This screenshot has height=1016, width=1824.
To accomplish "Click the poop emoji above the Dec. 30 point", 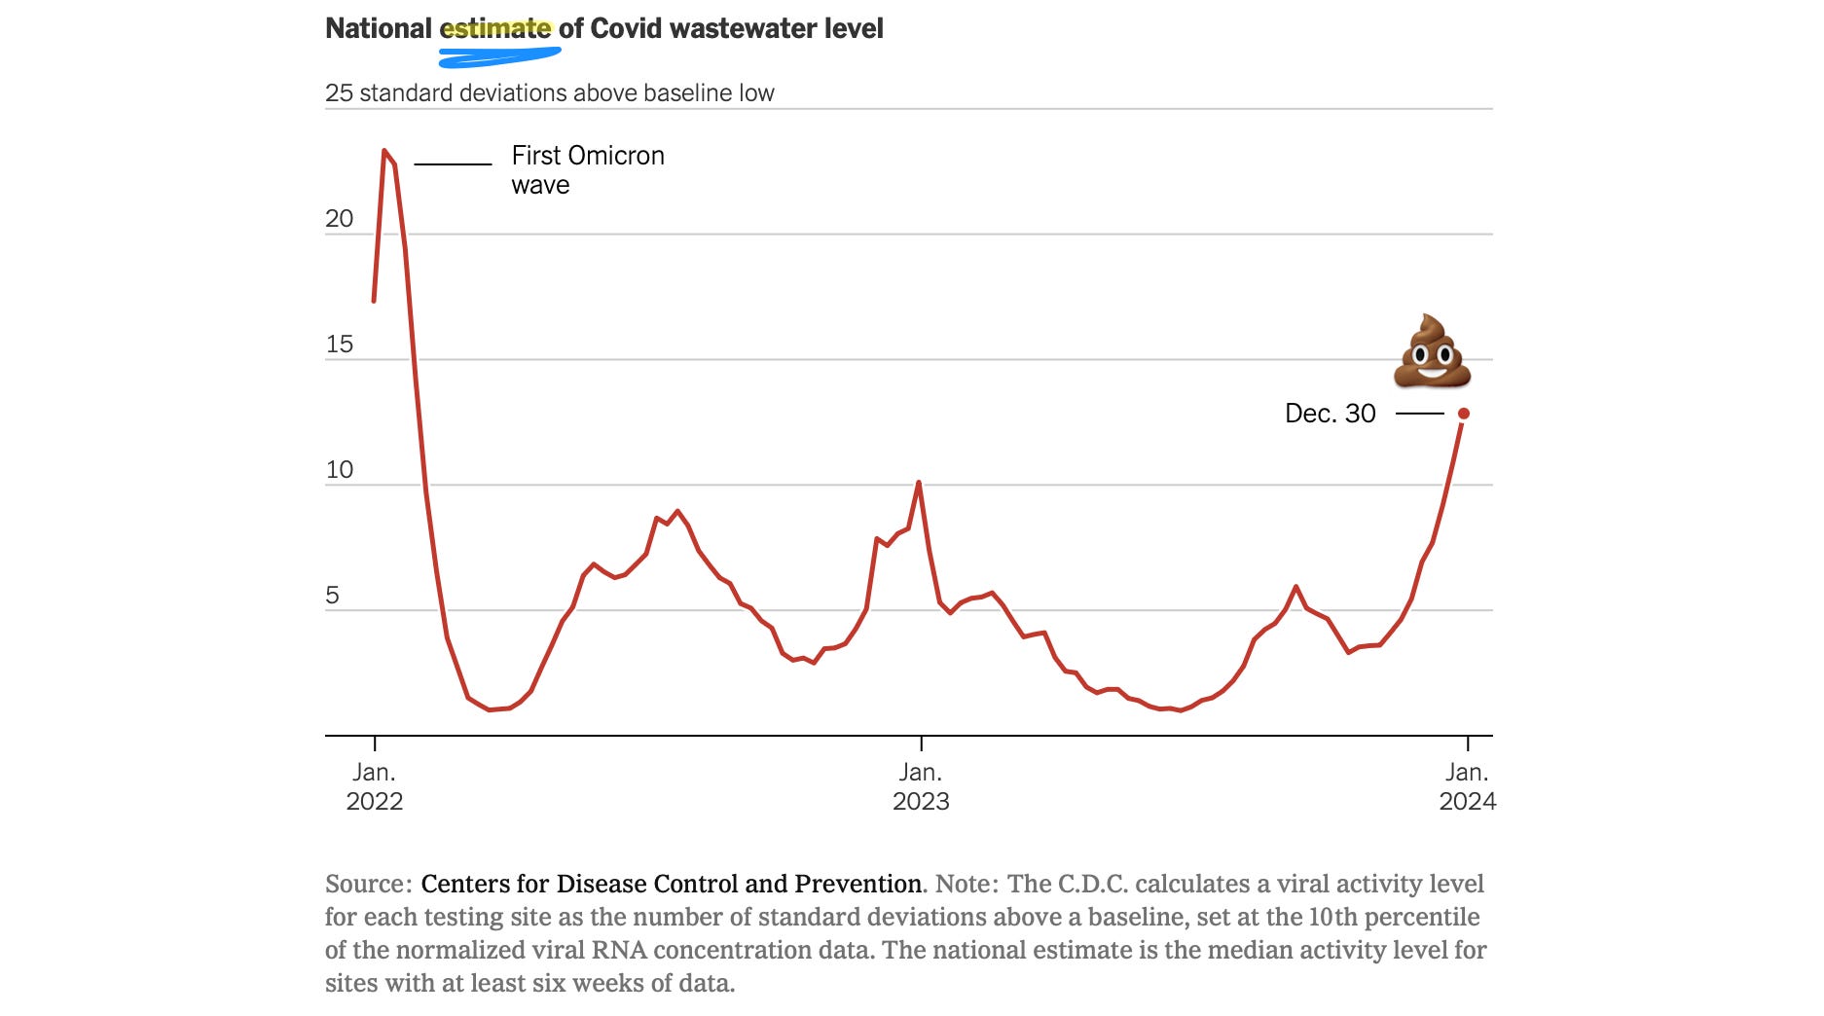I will (1432, 351).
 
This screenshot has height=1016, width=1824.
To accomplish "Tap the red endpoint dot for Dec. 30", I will (1463, 414).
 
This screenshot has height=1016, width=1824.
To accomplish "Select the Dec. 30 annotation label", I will (1330, 414).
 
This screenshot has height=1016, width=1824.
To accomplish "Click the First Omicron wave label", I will (587, 169).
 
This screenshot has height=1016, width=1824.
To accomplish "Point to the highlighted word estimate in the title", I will (495, 28).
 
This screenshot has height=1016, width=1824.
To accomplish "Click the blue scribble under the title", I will (498, 57).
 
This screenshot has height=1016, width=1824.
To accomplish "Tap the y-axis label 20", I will (339, 218).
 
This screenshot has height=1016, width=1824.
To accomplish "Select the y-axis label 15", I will (339, 344).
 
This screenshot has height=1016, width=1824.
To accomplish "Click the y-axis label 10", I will (339, 469).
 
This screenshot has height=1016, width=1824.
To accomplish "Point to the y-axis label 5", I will (333, 595).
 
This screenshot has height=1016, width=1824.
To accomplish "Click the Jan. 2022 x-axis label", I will (375, 786).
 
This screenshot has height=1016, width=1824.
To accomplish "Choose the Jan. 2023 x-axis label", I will (921, 786).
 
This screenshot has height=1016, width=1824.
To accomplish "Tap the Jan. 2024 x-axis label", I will (1467, 786).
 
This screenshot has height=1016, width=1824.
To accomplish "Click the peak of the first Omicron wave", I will (384, 151).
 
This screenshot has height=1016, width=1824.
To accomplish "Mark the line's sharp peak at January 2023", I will (919, 483).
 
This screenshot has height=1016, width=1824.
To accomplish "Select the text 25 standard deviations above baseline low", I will (549, 93).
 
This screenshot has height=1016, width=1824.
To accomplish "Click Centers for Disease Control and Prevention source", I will (671, 884).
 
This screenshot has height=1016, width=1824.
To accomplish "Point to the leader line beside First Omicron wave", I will (454, 164).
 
